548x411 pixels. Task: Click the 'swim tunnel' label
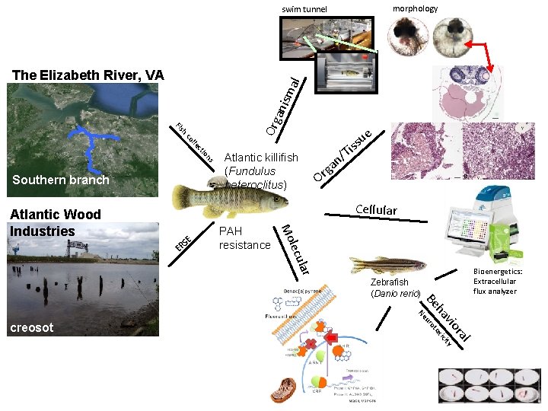[x=304, y=9]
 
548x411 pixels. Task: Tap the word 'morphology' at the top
[x=415, y=8]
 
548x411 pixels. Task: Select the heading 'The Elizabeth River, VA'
[x=88, y=75]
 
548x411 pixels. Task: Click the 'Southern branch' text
[x=61, y=180]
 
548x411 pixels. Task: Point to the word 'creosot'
[x=31, y=327]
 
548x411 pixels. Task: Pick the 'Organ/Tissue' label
[x=343, y=156]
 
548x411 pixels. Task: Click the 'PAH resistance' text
[x=244, y=237]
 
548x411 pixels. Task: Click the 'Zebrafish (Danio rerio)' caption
[x=395, y=288]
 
